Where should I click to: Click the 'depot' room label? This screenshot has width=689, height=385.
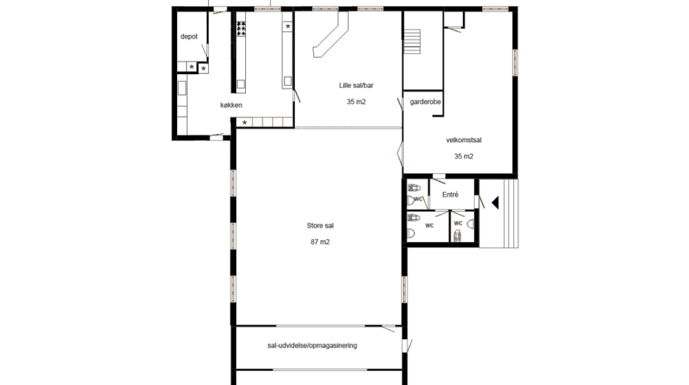[x=189, y=37]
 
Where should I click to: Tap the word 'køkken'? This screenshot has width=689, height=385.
[x=231, y=105]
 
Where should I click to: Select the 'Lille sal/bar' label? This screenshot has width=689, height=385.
[x=356, y=86]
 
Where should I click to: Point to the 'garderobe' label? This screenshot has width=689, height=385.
[x=425, y=102]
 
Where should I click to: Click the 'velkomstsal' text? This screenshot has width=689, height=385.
[x=464, y=141]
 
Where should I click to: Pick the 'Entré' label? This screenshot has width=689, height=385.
[x=450, y=195]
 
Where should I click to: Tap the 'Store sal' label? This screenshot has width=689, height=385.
[x=320, y=226]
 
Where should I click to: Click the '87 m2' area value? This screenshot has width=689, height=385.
[x=320, y=242]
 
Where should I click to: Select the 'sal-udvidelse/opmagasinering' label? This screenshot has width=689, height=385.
[x=312, y=346]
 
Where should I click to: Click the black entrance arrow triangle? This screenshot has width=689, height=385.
[x=495, y=203]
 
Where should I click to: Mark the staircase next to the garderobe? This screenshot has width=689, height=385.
[x=412, y=41]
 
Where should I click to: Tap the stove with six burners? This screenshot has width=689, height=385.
[x=241, y=29]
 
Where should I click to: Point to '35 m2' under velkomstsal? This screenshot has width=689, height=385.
[x=464, y=156]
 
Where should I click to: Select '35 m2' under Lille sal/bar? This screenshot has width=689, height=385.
[x=356, y=102]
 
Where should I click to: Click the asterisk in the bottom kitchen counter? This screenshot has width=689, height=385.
[x=244, y=122]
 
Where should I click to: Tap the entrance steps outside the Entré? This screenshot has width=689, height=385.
[x=499, y=213]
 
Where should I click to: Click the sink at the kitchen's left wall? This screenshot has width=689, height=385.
[x=182, y=88]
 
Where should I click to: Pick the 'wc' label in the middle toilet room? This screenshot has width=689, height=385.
[x=429, y=225]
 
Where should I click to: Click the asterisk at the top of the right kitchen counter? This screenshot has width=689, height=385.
[x=287, y=27]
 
